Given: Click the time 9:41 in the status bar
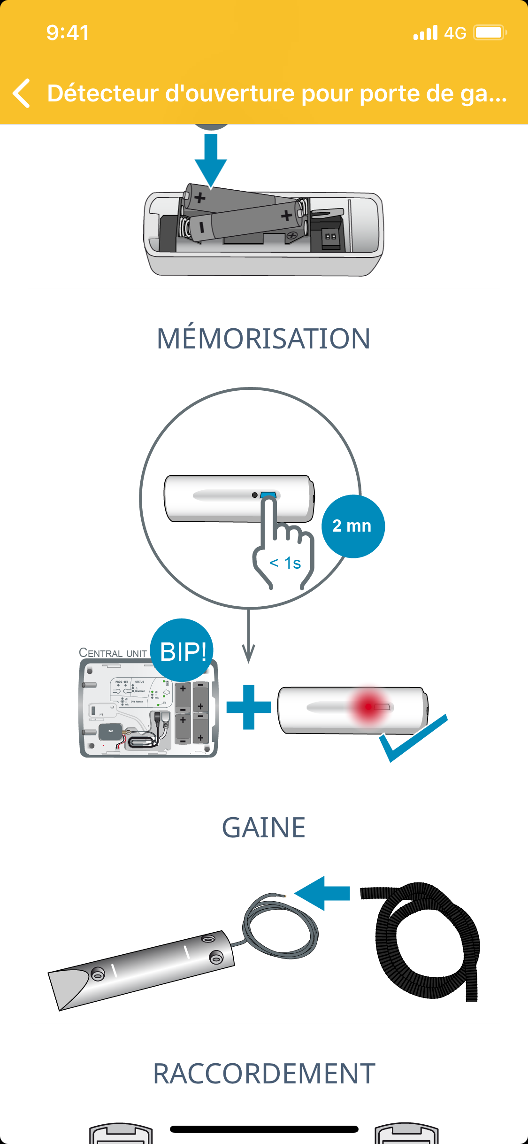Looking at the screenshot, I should [68, 33].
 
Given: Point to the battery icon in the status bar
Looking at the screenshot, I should [490, 33].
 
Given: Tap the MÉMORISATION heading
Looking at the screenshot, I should [264, 339].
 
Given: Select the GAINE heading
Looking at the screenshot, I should [264, 827].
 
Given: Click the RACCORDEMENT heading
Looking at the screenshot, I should [264, 1074].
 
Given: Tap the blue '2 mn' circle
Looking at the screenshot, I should [352, 526].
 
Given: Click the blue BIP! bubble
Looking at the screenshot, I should [182, 650].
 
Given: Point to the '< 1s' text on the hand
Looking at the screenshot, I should [285, 563].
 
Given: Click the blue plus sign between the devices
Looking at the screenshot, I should [249, 707].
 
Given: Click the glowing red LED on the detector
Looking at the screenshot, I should [369, 706].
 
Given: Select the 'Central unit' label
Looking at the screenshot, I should [113, 653].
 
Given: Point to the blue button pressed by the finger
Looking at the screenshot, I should [268, 495].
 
